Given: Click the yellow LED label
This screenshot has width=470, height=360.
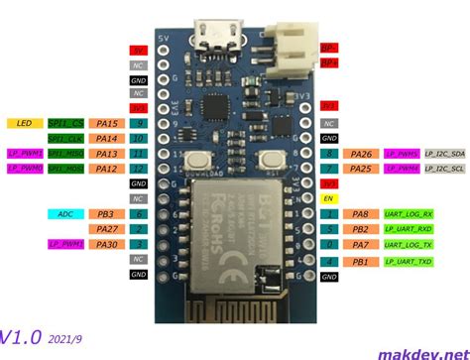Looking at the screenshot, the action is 25,123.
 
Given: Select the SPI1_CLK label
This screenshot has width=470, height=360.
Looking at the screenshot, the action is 67,139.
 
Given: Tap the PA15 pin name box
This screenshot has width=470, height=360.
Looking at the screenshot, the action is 107,123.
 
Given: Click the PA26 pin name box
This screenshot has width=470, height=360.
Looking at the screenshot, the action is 362,154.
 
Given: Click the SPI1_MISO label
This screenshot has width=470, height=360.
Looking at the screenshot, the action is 67,154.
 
